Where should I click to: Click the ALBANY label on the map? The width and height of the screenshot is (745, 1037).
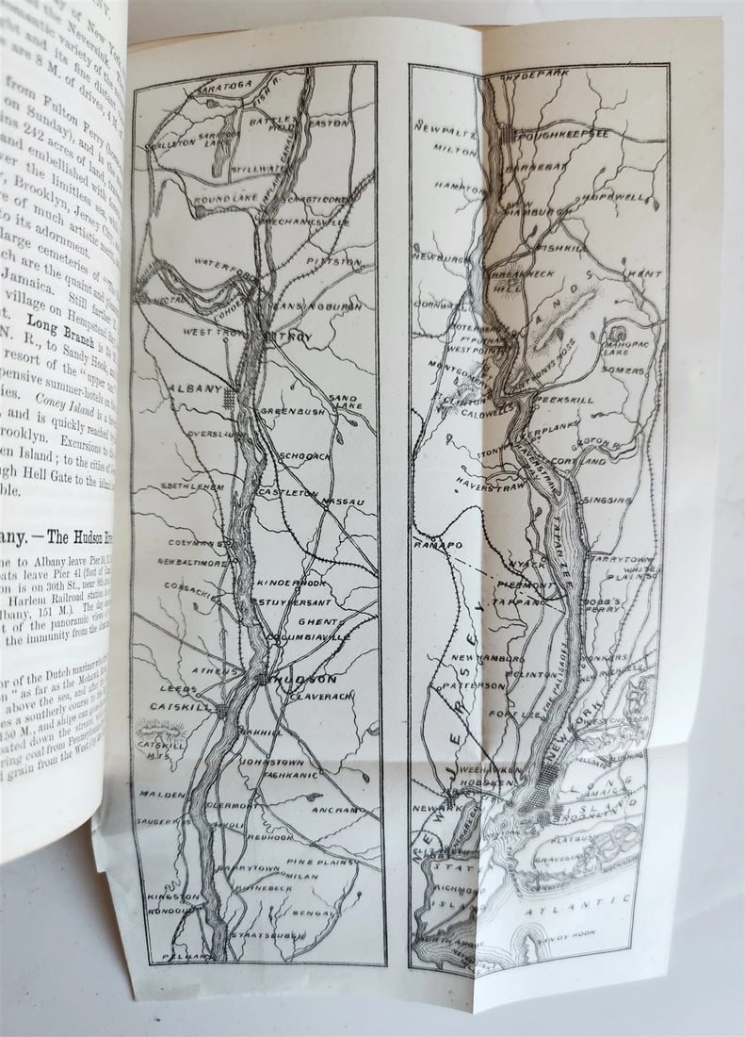click(x=195, y=388)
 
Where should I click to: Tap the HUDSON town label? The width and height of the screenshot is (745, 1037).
click(x=305, y=679)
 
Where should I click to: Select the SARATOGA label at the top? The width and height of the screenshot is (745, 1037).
click(x=223, y=87)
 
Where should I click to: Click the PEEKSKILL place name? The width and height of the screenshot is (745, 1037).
click(x=564, y=400)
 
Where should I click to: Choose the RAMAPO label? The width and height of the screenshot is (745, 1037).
click(x=436, y=545)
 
